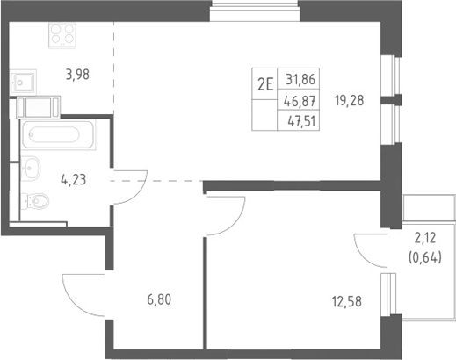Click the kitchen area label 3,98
[77, 75]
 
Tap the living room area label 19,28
[350, 101]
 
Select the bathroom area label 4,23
[73, 180]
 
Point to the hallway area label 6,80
[159, 300]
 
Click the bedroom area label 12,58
[347, 301]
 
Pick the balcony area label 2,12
[425, 239]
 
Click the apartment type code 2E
[265, 85]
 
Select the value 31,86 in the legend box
[300, 79]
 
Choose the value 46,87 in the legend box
[300, 102]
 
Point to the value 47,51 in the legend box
[301, 121]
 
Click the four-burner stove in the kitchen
[62, 34]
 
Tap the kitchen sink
[23, 83]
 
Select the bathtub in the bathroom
[58, 135]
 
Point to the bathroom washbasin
[30, 168]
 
